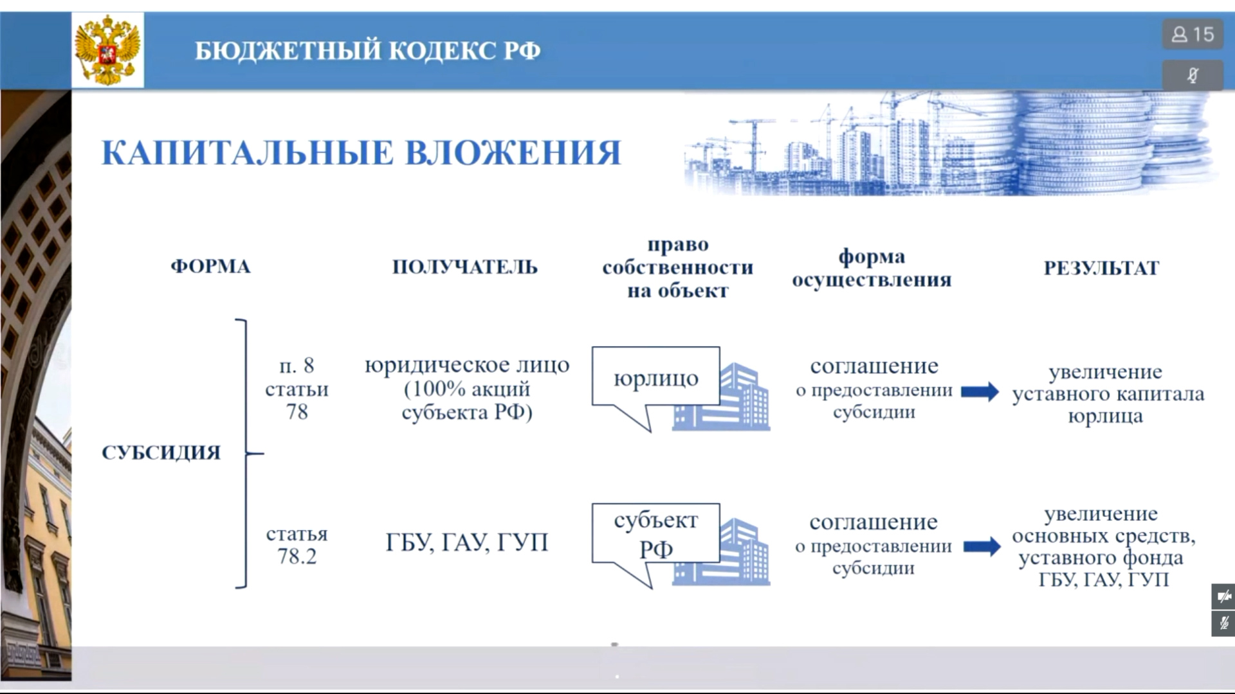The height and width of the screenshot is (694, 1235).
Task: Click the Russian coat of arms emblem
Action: [107, 50]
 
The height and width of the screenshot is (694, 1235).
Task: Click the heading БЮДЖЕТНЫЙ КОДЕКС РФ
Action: [368, 51]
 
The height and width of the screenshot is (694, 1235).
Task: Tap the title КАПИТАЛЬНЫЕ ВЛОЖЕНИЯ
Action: [361, 153]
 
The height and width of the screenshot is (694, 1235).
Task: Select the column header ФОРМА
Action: [210, 267]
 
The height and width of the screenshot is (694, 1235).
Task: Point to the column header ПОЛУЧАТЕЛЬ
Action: [465, 267]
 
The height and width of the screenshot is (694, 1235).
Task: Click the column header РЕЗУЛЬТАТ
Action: [1101, 268]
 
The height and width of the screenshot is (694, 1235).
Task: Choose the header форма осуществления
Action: [872, 268]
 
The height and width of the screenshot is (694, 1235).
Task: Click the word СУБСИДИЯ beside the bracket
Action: [161, 452]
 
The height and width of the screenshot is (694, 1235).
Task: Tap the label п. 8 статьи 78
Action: [297, 389]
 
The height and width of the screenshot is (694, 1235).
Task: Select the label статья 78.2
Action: [297, 545]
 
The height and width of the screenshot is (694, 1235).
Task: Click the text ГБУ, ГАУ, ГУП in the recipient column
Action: [467, 543]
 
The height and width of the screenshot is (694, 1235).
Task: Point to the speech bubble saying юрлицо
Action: [655, 386]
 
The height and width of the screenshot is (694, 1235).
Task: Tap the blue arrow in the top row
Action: [980, 391]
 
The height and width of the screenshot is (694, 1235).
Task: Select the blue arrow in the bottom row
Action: [982, 547]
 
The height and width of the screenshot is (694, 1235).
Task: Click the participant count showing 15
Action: [1193, 34]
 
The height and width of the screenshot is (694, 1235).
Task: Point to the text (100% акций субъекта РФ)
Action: [467, 400]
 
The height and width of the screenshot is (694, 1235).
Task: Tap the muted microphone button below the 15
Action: [1193, 75]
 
